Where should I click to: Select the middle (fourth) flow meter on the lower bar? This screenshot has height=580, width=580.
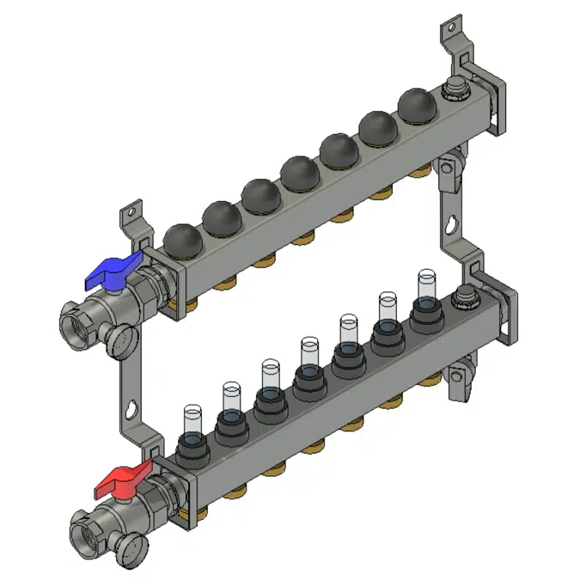coord(309,354)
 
